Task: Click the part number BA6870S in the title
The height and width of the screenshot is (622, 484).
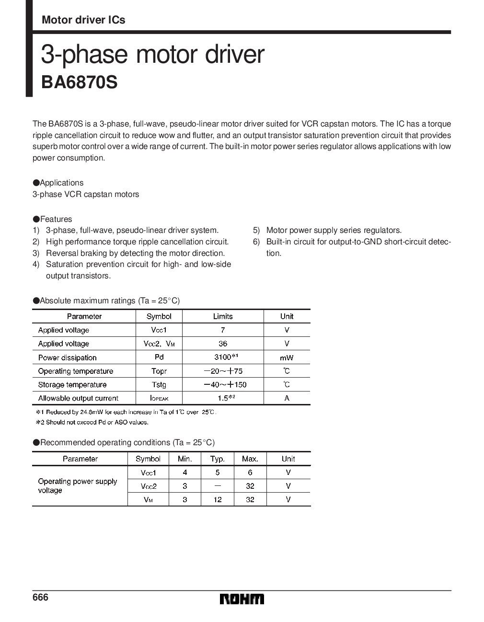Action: (x=79, y=82)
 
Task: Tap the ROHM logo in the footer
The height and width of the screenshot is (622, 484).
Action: (x=242, y=599)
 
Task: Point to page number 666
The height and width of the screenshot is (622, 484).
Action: (x=41, y=598)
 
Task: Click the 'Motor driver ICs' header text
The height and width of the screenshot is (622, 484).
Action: (x=83, y=20)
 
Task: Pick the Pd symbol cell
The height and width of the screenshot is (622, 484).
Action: (x=159, y=357)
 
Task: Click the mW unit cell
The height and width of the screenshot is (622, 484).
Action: (x=287, y=357)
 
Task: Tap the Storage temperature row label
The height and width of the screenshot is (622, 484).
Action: (x=72, y=384)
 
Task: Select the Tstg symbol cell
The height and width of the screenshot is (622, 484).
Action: (x=159, y=384)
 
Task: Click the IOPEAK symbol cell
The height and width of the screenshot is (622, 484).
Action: (x=159, y=398)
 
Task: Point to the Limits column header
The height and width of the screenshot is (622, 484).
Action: (x=223, y=316)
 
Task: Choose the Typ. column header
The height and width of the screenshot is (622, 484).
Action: (x=218, y=459)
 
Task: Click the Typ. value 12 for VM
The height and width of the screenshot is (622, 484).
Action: (x=218, y=499)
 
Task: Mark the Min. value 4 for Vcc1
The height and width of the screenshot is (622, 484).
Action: (x=185, y=472)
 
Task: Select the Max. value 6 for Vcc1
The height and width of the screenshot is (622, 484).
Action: (x=250, y=472)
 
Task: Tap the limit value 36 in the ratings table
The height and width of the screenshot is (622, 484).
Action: (x=223, y=344)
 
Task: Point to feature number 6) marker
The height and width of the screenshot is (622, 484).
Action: (x=256, y=242)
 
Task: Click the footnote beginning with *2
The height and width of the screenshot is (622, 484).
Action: (x=92, y=422)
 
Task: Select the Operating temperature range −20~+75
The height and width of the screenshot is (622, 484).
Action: (x=223, y=371)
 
